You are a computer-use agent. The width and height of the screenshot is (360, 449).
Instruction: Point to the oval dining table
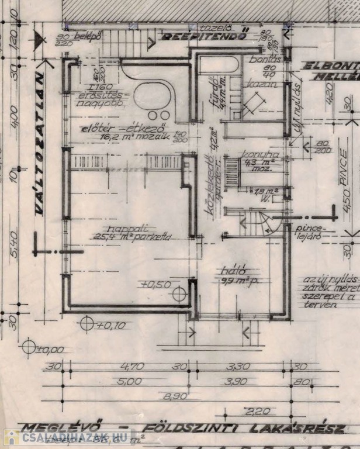tap(153, 97)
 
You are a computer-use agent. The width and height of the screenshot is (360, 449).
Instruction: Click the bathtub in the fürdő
tap(219, 65)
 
